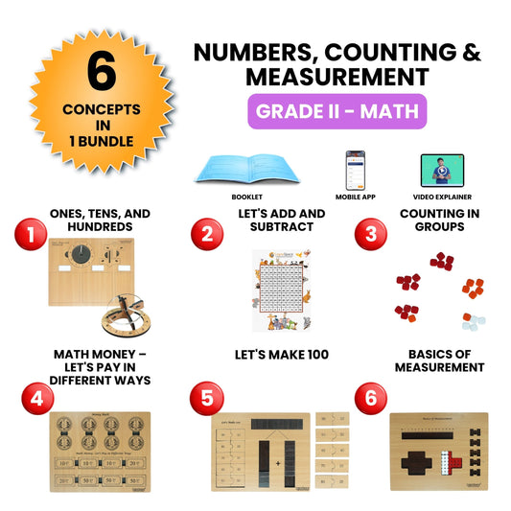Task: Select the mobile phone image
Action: pyautogui.click(x=355, y=167)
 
